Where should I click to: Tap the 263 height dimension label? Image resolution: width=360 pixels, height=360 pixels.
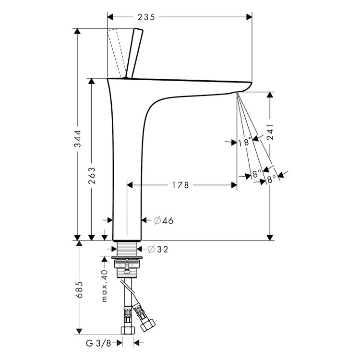pos(91,176)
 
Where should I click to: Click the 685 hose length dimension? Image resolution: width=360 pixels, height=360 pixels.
pos(78,289)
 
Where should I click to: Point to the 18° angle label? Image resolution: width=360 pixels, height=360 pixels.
pos(244,142)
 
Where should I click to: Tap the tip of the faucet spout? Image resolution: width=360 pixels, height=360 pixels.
pos(247,86)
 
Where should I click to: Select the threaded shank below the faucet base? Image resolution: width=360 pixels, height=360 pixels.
pos(127,249)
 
